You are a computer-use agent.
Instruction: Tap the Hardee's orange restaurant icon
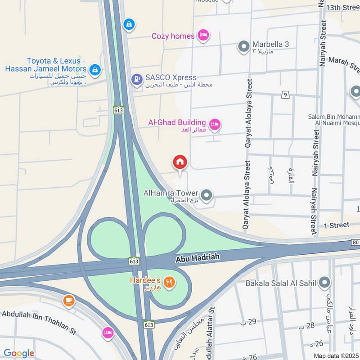[x=169, y=283]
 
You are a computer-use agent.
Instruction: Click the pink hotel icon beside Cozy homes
[x=203, y=36]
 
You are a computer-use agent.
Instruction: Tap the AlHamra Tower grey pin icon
[x=207, y=195]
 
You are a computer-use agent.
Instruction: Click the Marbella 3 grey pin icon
[x=243, y=46]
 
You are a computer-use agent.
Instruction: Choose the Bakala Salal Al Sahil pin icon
[x=324, y=283]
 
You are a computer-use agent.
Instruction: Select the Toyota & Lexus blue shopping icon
[x=94, y=69]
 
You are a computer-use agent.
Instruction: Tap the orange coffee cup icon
[x=68, y=300]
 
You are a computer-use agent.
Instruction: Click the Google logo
[x=18, y=353]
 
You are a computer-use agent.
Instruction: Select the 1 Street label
[x=337, y=225]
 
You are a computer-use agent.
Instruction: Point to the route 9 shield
[x=285, y=94]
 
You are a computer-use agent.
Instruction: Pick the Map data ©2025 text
[x=335, y=355]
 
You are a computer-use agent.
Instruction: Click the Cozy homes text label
[x=173, y=36]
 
